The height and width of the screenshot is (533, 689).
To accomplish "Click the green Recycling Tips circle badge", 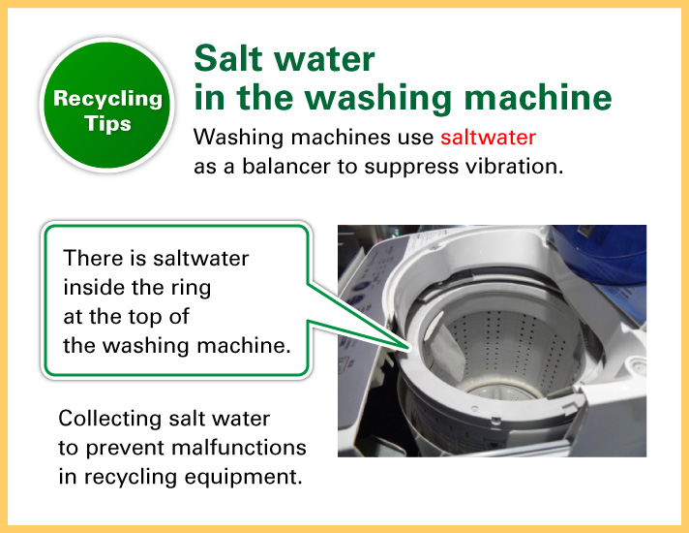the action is pyautogui.click(x=106, y=105).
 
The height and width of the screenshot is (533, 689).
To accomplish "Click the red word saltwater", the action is pyautogui.click(x=488, y=138).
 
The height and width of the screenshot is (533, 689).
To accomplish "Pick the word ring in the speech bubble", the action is pyautogui.click(x=193, y=289).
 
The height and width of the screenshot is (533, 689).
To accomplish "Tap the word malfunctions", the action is pyautogui.click(x=239, y=448).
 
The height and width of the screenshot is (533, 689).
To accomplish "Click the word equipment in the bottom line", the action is pyautogui.click(x=244, y=478).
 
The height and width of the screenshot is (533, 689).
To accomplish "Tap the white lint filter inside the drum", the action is pyautogui.click(x=444, y=348).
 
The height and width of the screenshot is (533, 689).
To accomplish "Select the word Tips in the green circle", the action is pyautogui.click(x=107, y=124).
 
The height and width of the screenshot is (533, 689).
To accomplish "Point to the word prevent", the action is pyautogui.click(x=125, y=449).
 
